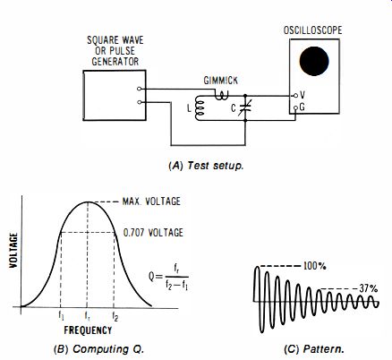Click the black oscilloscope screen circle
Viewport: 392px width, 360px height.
314,61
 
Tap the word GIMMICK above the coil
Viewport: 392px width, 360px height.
221,81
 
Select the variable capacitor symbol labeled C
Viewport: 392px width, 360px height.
245,108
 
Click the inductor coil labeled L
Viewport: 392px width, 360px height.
200,108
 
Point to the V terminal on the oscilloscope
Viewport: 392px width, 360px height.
295,96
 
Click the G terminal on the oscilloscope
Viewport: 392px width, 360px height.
295,107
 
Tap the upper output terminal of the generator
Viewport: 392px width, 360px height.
139,89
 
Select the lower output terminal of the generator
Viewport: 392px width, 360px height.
139,102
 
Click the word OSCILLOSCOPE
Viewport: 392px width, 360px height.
312,30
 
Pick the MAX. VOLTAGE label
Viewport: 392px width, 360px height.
151,201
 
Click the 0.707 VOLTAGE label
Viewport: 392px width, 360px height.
153,233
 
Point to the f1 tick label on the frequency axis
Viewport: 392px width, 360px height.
61,316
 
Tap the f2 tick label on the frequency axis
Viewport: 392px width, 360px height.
115,316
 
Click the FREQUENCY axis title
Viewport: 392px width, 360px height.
88,330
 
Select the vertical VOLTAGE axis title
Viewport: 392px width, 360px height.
13,250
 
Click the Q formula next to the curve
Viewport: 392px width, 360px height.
168,277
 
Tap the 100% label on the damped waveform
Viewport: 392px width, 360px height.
314,266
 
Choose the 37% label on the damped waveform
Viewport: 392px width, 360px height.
369,288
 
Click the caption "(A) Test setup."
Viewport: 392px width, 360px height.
206,166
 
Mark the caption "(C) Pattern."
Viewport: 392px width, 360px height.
314,349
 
